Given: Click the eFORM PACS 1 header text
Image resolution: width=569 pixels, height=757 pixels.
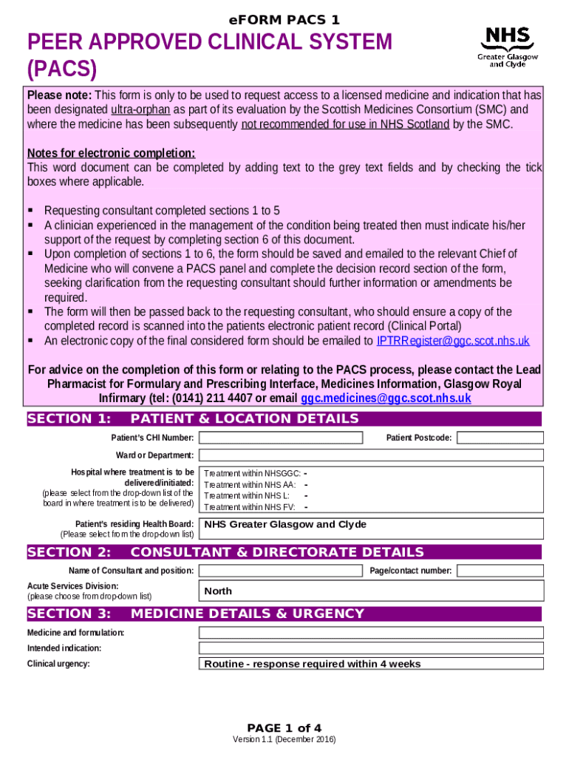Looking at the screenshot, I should (284, 20).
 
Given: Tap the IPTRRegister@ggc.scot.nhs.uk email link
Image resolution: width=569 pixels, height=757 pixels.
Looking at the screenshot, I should (452, 341).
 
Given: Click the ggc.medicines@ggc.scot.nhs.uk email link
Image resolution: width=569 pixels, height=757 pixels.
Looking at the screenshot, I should (386, 398).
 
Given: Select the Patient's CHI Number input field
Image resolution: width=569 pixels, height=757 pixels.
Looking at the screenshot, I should (281, 438).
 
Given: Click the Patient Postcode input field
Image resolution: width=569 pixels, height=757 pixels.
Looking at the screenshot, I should (500, 438).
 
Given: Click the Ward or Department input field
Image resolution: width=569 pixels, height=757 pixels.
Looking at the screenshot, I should (371, 455).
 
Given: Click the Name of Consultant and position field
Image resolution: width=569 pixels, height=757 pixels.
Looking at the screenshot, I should (281, 571).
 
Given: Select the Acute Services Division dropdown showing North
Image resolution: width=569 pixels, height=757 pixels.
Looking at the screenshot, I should (371, 591).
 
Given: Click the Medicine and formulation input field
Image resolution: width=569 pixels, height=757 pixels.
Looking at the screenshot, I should (371, 633).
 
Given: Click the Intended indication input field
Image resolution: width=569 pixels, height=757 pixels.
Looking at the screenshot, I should (371, 648).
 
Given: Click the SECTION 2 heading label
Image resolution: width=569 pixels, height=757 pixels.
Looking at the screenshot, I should (69, 552).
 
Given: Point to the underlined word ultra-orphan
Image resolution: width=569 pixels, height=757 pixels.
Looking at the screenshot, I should (140, 110).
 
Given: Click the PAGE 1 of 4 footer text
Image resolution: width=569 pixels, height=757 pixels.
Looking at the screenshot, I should (284, 727).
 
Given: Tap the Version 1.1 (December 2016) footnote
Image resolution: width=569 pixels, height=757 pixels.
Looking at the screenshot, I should (284, 740).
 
